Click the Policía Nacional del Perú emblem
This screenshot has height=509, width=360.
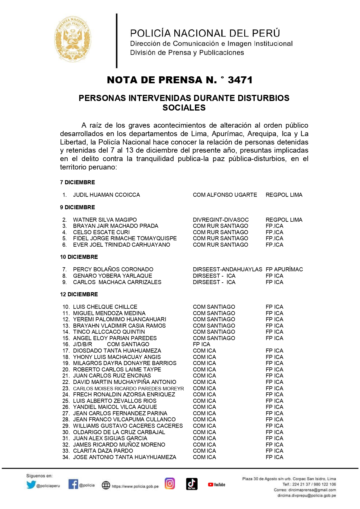73,39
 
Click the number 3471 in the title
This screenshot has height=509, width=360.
240,80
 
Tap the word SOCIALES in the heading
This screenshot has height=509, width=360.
184,108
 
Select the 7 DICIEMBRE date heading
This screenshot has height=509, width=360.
77,182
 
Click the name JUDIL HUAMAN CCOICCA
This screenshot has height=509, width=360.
106,195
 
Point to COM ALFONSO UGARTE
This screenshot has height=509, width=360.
225,195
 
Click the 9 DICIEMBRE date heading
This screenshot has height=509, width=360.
77,207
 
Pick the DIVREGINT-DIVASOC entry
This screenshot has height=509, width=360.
221,220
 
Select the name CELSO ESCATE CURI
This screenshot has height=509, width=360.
101,232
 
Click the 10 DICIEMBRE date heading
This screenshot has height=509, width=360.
79,257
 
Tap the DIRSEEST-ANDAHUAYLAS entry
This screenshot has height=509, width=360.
227,269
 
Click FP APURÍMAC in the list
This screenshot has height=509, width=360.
284,269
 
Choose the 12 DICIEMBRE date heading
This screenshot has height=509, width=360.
79,294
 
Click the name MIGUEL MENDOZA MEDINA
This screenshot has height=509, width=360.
109,313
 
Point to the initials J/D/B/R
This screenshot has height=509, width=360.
82,344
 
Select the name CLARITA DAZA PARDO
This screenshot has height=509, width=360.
103,451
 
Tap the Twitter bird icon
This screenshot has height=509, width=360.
31,485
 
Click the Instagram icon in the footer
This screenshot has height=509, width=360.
170,483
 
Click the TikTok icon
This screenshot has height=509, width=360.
191,484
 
